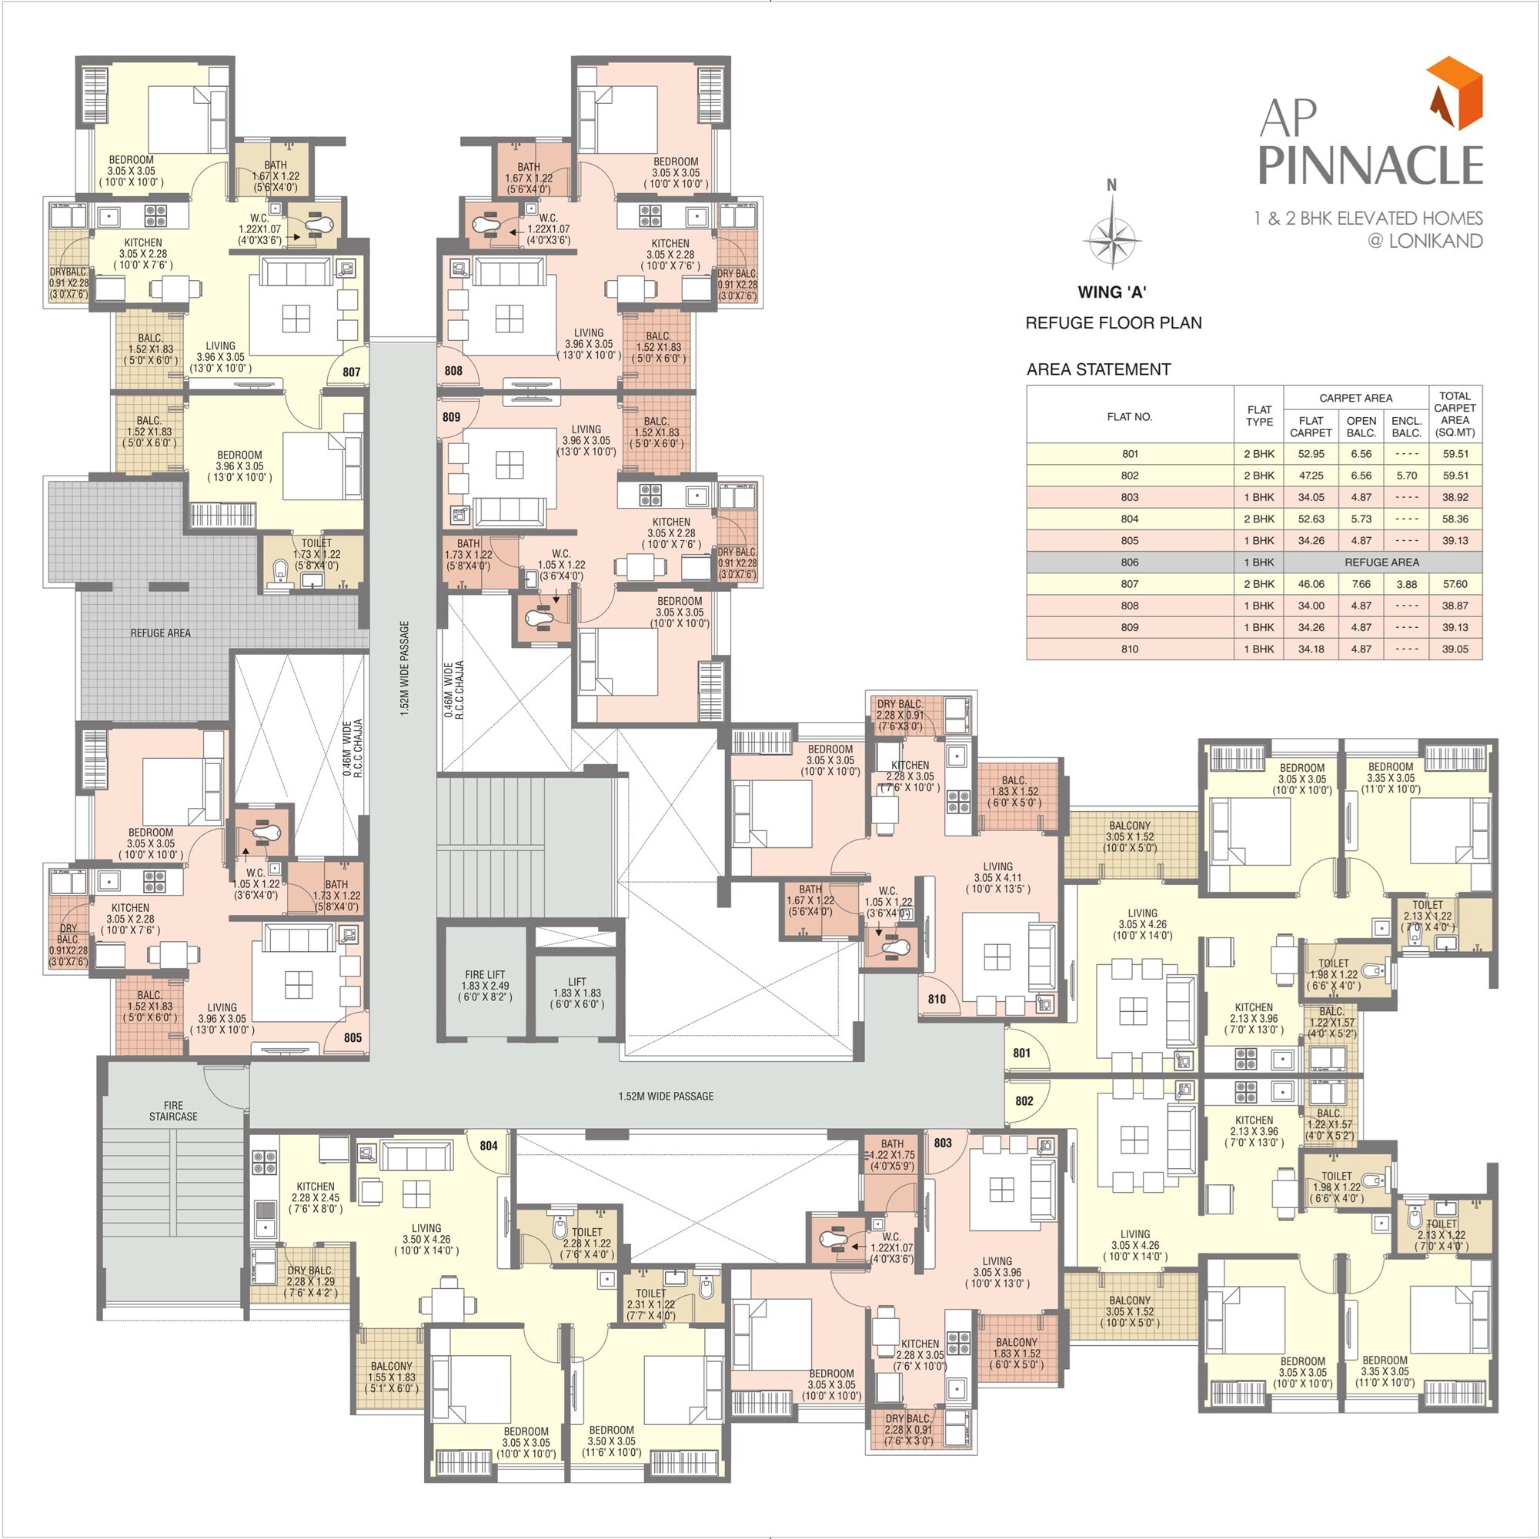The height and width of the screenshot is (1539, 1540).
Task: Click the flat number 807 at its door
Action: tap(352, 372)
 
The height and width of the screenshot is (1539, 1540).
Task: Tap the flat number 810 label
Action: tap(937, 999)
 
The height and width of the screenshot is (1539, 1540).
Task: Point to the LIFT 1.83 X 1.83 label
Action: tap(577, 993)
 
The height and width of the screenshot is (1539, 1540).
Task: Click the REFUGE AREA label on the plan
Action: tap(160, 633)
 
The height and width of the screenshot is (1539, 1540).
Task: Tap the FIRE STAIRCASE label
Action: tap(173, 1110)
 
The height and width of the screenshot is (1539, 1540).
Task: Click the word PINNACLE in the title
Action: tap(1370, 165)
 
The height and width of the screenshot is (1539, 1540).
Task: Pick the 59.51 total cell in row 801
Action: tap(1455, 453)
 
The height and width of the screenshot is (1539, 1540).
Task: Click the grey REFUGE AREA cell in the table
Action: tap(1381, 562)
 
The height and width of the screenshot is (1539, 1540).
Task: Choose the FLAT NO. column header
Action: tap(1130, 417)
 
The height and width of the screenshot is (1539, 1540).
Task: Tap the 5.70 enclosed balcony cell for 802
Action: tap(1407, 475)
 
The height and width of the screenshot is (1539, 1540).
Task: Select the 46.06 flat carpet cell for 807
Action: tap(1311, 583)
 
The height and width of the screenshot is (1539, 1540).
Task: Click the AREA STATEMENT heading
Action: tap(1098, 369)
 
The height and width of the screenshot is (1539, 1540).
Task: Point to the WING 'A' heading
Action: tap(1111, 292)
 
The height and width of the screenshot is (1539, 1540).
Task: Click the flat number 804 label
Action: tap(489, 1145)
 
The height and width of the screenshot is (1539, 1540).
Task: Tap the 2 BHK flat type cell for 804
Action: tap(1258, 519)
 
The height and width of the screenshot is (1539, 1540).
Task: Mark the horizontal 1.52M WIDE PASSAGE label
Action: tap(666, 1096)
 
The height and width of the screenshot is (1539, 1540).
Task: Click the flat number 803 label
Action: tap(943, 1142)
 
